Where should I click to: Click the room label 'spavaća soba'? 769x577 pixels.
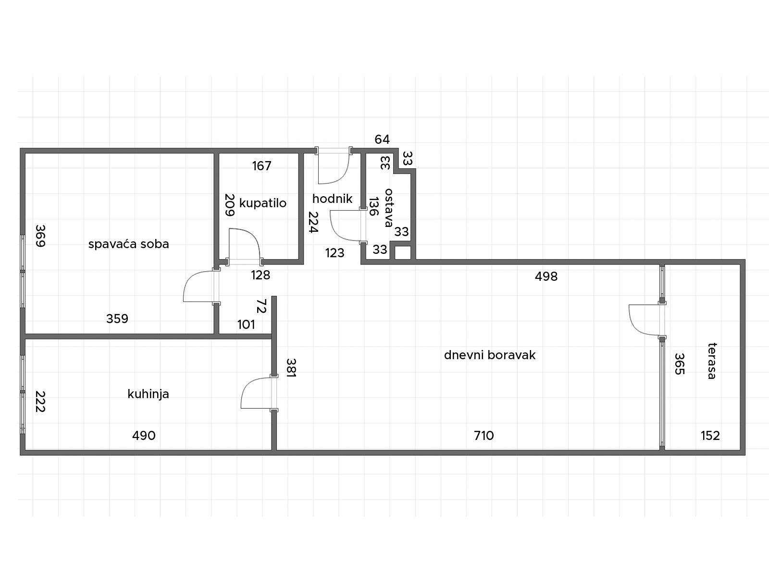tap(129, 244)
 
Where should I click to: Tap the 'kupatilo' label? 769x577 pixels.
tap(263, 203)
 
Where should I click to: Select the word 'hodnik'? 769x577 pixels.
tap(332, 199)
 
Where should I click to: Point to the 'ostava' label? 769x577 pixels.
tap(388, 208)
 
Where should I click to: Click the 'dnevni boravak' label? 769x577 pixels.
tap(490, 355)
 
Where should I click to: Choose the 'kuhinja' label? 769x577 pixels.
tap(148, 394)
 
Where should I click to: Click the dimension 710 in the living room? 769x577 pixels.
tap(484, 436)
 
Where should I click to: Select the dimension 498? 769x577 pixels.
tap(546, 276)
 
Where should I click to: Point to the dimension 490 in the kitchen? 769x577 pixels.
tap(144, 436)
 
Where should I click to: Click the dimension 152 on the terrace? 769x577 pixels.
tap(710, 436)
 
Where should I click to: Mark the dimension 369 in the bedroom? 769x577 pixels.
tap(41, 236)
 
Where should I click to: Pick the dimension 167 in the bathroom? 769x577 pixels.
tap(262, 166)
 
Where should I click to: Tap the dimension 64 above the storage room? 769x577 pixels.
tap(382, 139)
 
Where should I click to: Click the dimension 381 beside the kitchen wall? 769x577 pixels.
tap(291, 367)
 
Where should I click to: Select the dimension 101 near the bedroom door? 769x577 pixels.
tap(246, 325)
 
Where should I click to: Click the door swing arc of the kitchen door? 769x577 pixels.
tap(247, 385)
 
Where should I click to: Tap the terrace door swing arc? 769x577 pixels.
tap(635, 325)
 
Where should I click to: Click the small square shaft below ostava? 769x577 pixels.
tap(403, 253)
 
